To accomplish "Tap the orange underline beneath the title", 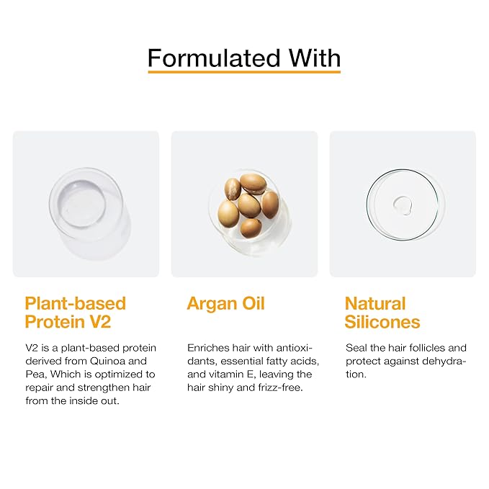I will coord(244,71).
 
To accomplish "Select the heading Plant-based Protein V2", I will coord(75,312).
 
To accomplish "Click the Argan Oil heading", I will coord(225,303).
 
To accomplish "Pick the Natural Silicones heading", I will coord(382,312).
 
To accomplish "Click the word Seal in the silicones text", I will coord(356,348).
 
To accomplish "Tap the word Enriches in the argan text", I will coord(208,348).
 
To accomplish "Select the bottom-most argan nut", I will coord(251,228).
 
